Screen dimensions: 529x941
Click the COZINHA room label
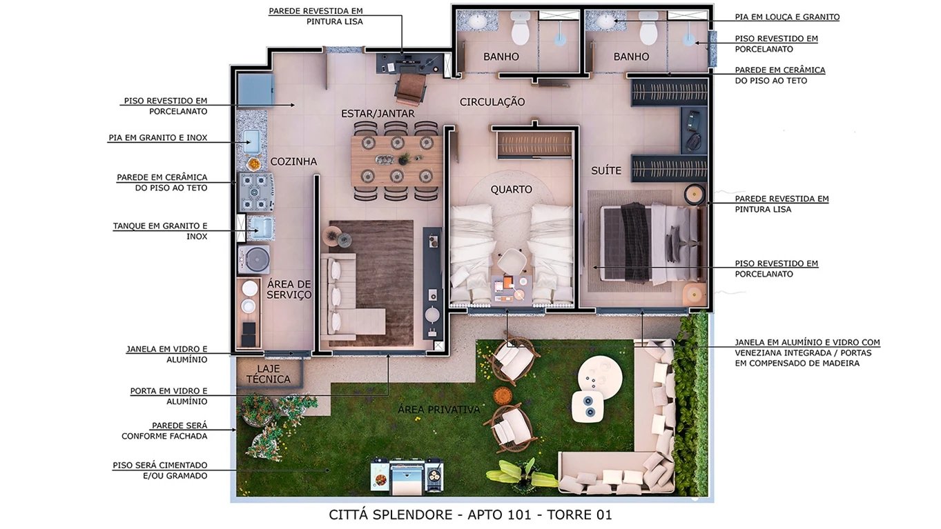pyautogui.click(x=293, y=161)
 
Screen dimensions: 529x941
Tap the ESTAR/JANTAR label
pyautogui.click(x=378, y=113)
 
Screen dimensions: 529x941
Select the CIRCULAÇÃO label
pyautogui.click(x=492, y=102)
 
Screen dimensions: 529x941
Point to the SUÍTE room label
pyautogui.click(x=606, y=170)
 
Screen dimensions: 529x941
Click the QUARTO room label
pyautogui.click(x=511, y=189)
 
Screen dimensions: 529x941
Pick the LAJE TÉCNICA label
pyautogui.click(x=269, y=374)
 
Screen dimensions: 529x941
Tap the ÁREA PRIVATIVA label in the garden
pyautogui.click(x=438, y=410)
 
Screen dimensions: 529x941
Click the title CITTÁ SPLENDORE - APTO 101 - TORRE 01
pyautogui.click(x=470, y=515)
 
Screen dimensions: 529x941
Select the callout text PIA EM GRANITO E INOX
pyautogui.click(x=157, y=138)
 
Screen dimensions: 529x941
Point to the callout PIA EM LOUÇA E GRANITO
pyautogui.click(x=787, y=17)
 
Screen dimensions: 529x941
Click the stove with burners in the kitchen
pyautogui.click(x=256, y=191)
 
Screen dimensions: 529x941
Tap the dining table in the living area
pyautogui.click(x=396, y=161)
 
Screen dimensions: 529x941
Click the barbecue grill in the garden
pyautogui.click(x=407, y=475)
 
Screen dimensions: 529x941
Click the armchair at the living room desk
pyautogui.click(x=410, y=88)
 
